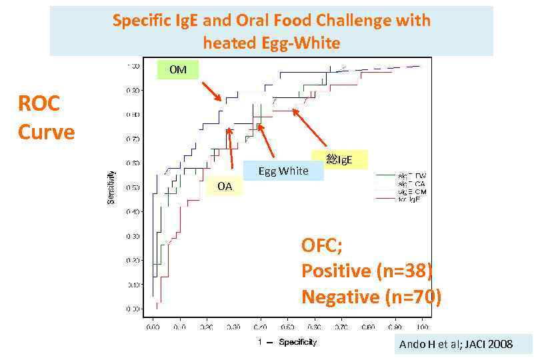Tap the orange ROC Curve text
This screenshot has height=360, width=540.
46,117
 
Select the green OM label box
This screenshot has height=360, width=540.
177,69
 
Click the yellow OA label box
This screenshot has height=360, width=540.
225,187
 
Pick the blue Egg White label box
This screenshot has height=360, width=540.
283,171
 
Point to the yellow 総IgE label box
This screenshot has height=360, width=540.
339,159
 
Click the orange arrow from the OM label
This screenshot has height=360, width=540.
211,91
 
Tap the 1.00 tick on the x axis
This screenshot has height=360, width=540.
421,327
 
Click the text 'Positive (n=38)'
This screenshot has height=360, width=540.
367,271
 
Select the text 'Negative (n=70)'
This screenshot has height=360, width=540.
371,296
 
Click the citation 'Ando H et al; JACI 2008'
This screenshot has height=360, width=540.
456,344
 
